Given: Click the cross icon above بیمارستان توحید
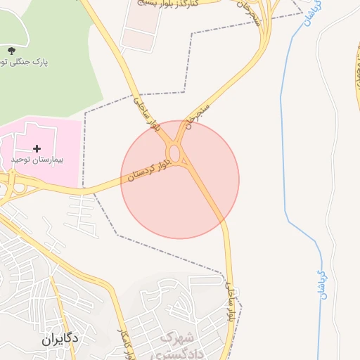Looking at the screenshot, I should coord(37,148).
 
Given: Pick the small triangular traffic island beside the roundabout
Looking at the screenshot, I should coord(184,164).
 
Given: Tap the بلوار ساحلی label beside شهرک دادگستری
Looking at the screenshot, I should coord(230,302).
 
